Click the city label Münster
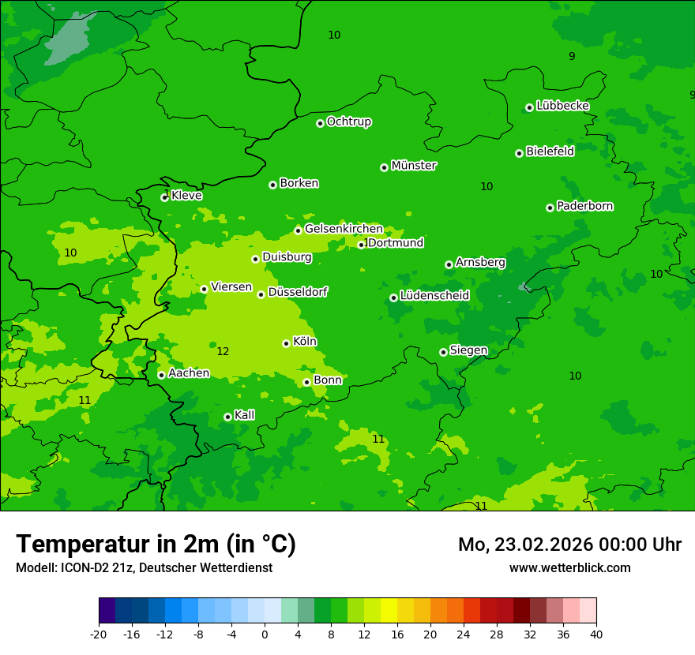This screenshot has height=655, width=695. coord(414,166)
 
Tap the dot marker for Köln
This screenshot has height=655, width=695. coord(286,343)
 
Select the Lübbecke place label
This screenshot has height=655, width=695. coord(562,106)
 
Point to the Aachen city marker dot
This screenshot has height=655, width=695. coord(161,375)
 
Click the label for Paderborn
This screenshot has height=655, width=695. coord(584,206)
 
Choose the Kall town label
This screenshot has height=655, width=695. coord(245,415)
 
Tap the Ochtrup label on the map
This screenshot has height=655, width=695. coord(349,122)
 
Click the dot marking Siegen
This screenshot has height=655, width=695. coord(443,352)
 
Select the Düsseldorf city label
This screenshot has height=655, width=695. coord(298,292)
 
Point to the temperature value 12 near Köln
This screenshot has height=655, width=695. coord(223,351)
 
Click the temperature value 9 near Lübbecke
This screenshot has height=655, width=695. coord(572,56)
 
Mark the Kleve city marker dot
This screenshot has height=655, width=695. coord(164,197)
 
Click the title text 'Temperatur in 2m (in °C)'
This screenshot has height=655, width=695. coord(156,544)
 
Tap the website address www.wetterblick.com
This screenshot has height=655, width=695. coord(569,567)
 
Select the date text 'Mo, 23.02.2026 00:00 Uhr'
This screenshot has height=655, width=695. coord(569,545)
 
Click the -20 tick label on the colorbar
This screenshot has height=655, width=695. coord(99,634)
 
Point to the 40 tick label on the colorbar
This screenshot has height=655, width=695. coord(596,634)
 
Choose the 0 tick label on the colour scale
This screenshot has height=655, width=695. coord(265,634)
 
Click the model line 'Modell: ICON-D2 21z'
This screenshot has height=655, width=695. coord(144,567)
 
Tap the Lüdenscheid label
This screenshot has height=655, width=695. coord(434,296)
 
